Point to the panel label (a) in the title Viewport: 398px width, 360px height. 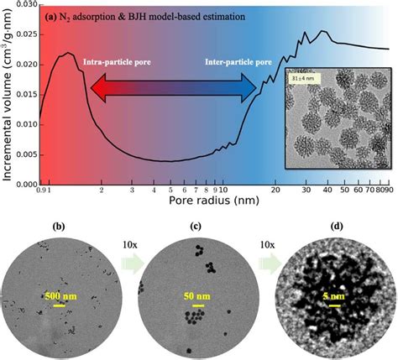52,15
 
